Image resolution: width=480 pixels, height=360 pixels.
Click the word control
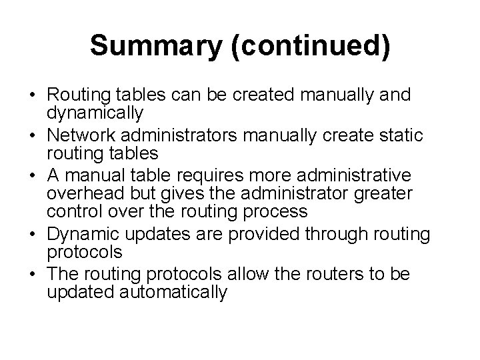pos(71,212)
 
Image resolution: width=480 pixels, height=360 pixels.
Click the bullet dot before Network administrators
pos(33,137)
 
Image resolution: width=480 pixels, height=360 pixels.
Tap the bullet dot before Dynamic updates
pos(33,234)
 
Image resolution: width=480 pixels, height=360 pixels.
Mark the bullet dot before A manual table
pos(33,177)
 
